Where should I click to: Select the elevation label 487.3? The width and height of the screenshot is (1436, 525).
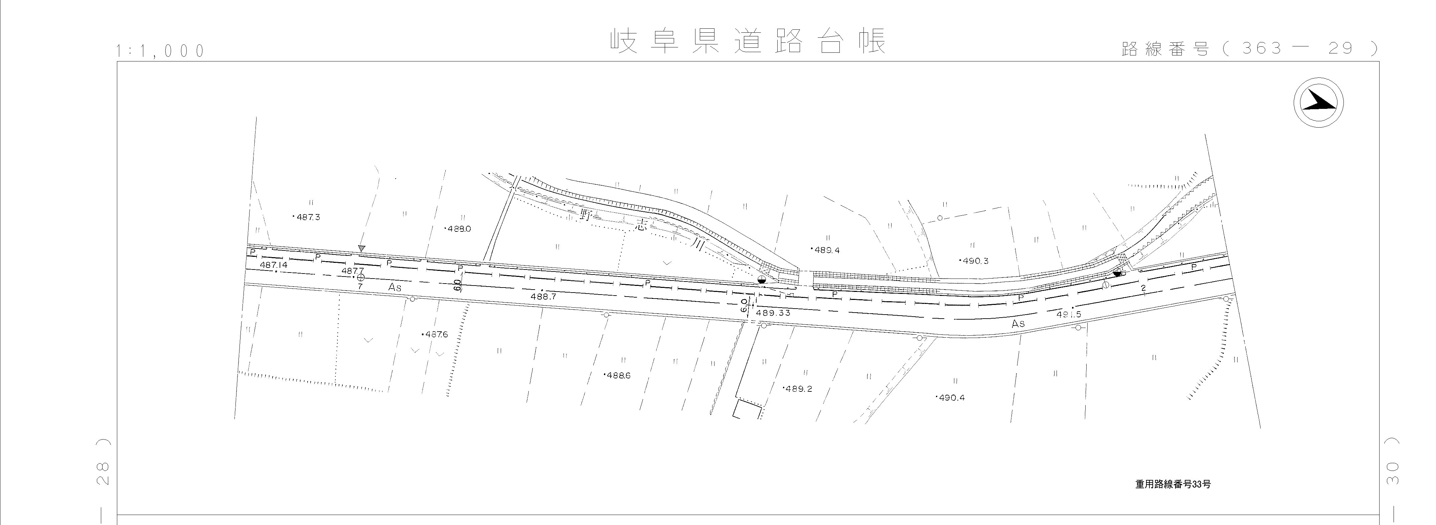(x=308, y=217)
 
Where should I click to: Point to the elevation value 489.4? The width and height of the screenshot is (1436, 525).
(x=827, y=250)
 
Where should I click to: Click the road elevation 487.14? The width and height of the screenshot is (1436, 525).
(x=273, y=265)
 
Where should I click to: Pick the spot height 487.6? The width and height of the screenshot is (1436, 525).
(x=436, y=335)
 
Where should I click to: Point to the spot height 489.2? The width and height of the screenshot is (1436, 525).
(x=798, y=389)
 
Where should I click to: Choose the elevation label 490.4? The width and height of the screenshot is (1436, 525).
(x=951, y=398)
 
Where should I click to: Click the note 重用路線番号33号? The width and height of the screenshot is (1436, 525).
(x=1172, y=484)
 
